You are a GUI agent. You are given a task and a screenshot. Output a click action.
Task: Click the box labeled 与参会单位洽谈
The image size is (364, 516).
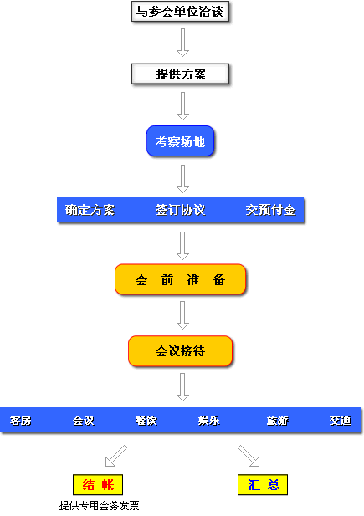tap(180, 12)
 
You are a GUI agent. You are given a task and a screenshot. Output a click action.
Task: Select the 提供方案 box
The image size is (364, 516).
tap(180, 74)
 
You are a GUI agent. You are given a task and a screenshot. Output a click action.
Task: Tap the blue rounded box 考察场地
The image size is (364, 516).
tap(181, 141)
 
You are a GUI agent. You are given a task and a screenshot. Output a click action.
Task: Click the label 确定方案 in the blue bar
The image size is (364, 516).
tap(90, 210)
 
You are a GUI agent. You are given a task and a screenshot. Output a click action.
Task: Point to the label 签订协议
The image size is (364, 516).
tap(180, 210)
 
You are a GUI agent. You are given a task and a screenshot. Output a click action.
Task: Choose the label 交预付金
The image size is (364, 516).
tap(270, 210)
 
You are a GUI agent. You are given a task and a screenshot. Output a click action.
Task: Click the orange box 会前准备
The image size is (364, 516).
tap(181, 279)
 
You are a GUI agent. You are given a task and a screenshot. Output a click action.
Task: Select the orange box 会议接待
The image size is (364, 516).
tap(181, 351)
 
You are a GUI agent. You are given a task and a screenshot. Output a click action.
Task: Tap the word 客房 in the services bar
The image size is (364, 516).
tap(20, 421)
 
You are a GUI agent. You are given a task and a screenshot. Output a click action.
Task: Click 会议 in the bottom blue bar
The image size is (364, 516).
tap(84, 421)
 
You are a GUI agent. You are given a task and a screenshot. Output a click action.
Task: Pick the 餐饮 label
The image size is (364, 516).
tap(146, 421)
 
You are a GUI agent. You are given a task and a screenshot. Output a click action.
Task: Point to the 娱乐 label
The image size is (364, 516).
tap(209, 421)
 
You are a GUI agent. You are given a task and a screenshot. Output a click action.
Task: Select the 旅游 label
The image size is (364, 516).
tap(277, 421)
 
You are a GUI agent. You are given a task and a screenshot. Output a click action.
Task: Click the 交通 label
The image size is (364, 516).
tap(341, 421)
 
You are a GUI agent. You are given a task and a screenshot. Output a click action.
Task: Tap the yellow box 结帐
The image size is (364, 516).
tap(98, 485)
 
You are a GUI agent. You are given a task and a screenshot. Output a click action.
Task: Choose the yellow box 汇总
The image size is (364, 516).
tap(263, 485)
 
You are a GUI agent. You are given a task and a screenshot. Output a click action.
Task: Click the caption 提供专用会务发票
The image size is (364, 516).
tap(99, 506)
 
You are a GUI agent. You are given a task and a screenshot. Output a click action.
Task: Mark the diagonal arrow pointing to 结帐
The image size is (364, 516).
tap(115, 456)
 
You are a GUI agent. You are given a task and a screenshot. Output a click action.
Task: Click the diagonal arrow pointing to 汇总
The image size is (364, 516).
tap(249, 456)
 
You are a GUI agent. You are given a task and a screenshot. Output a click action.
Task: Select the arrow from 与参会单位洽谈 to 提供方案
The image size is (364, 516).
tap(182, 43)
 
